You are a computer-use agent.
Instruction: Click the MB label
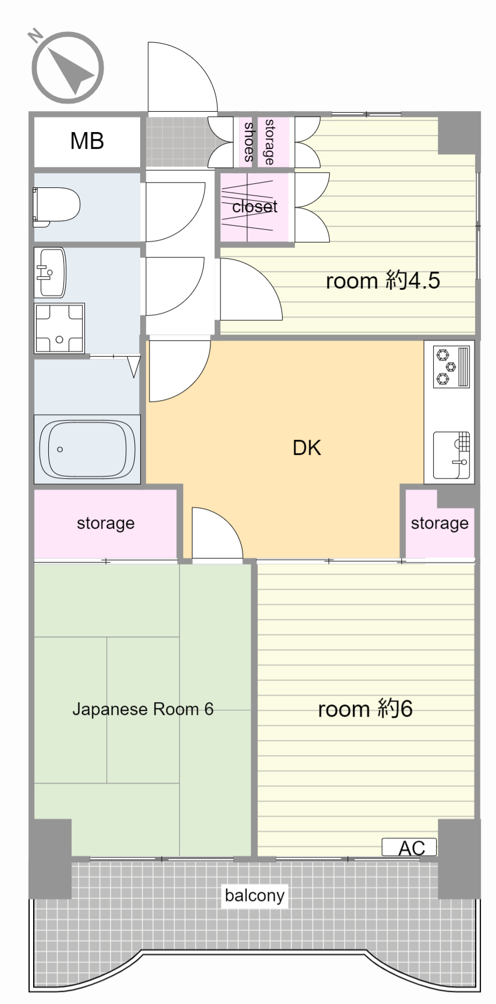[x=87, y=141]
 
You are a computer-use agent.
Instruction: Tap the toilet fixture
[x=56, y=207]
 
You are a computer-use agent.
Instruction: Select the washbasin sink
[x=50, y=272]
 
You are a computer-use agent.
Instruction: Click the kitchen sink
[x=451, y=455]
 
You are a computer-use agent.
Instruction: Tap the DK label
[x=306, y=448]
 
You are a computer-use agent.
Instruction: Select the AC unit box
[x=409, y=848]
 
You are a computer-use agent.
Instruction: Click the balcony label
[x=255, y=895]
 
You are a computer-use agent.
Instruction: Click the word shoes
[x=249, y=142]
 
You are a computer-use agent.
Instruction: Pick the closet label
[x=255, y=207]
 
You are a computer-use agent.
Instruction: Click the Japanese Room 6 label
[x=142, y=709]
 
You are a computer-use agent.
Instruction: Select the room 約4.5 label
[x=383, y=281]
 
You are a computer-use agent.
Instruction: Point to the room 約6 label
[x=365, y=709]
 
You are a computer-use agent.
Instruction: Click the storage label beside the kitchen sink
[x=440, y=524]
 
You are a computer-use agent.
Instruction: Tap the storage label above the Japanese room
[x=105, y=524]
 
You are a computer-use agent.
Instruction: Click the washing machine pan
[x=59, y=328]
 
